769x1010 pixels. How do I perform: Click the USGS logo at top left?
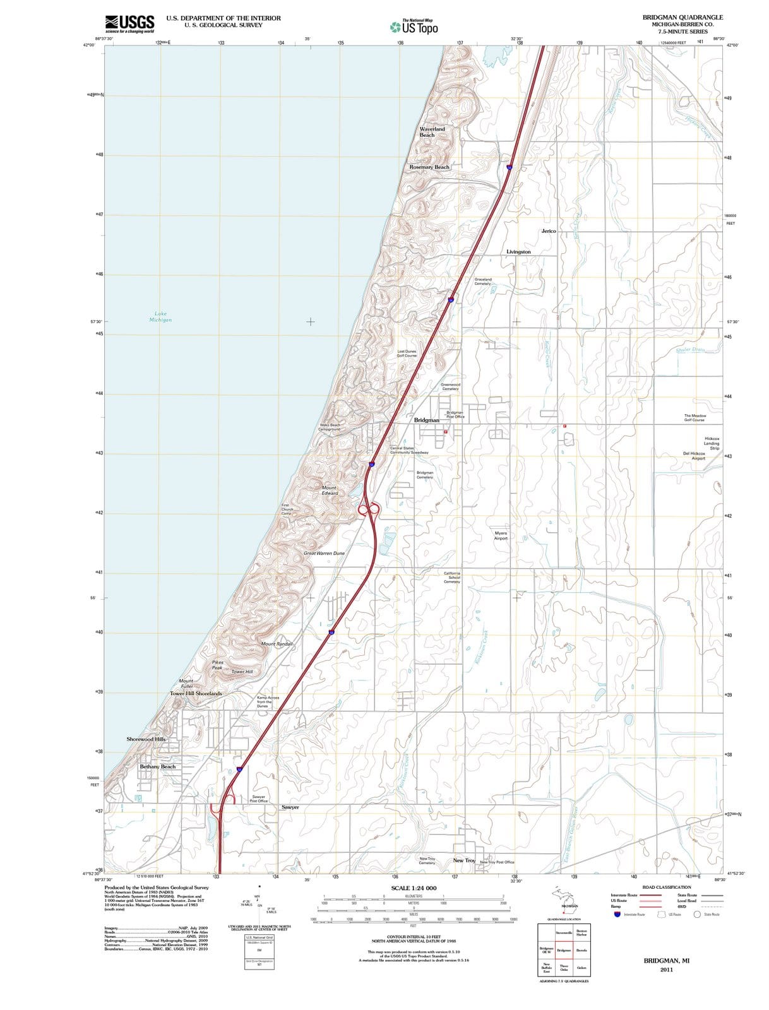point(129,23)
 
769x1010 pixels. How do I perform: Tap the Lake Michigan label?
point(160,316)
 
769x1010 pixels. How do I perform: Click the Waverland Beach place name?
point(432,131)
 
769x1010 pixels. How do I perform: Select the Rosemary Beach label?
point(429,167)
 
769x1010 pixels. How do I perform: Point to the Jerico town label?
point(549,231)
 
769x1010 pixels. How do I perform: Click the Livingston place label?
point(518,251)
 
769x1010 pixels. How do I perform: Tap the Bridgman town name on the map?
point(426,420)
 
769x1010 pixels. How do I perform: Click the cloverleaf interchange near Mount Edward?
point(369,508)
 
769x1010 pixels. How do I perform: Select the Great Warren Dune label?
point(325,553)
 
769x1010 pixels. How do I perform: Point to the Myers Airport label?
point(501,536)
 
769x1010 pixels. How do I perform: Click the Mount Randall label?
point(277,643)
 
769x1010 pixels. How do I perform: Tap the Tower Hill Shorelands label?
point(196,693)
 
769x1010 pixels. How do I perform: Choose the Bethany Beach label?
point(158,766)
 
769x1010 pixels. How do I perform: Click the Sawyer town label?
point(290,807)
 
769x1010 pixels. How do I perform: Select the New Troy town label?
point(464,860)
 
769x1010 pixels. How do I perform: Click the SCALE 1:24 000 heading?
point(414,888)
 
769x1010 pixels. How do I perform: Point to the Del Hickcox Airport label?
point(694,456)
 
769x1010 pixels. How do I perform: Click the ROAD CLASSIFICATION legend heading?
point(666,887)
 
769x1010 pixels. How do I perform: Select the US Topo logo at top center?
point(414,27)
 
